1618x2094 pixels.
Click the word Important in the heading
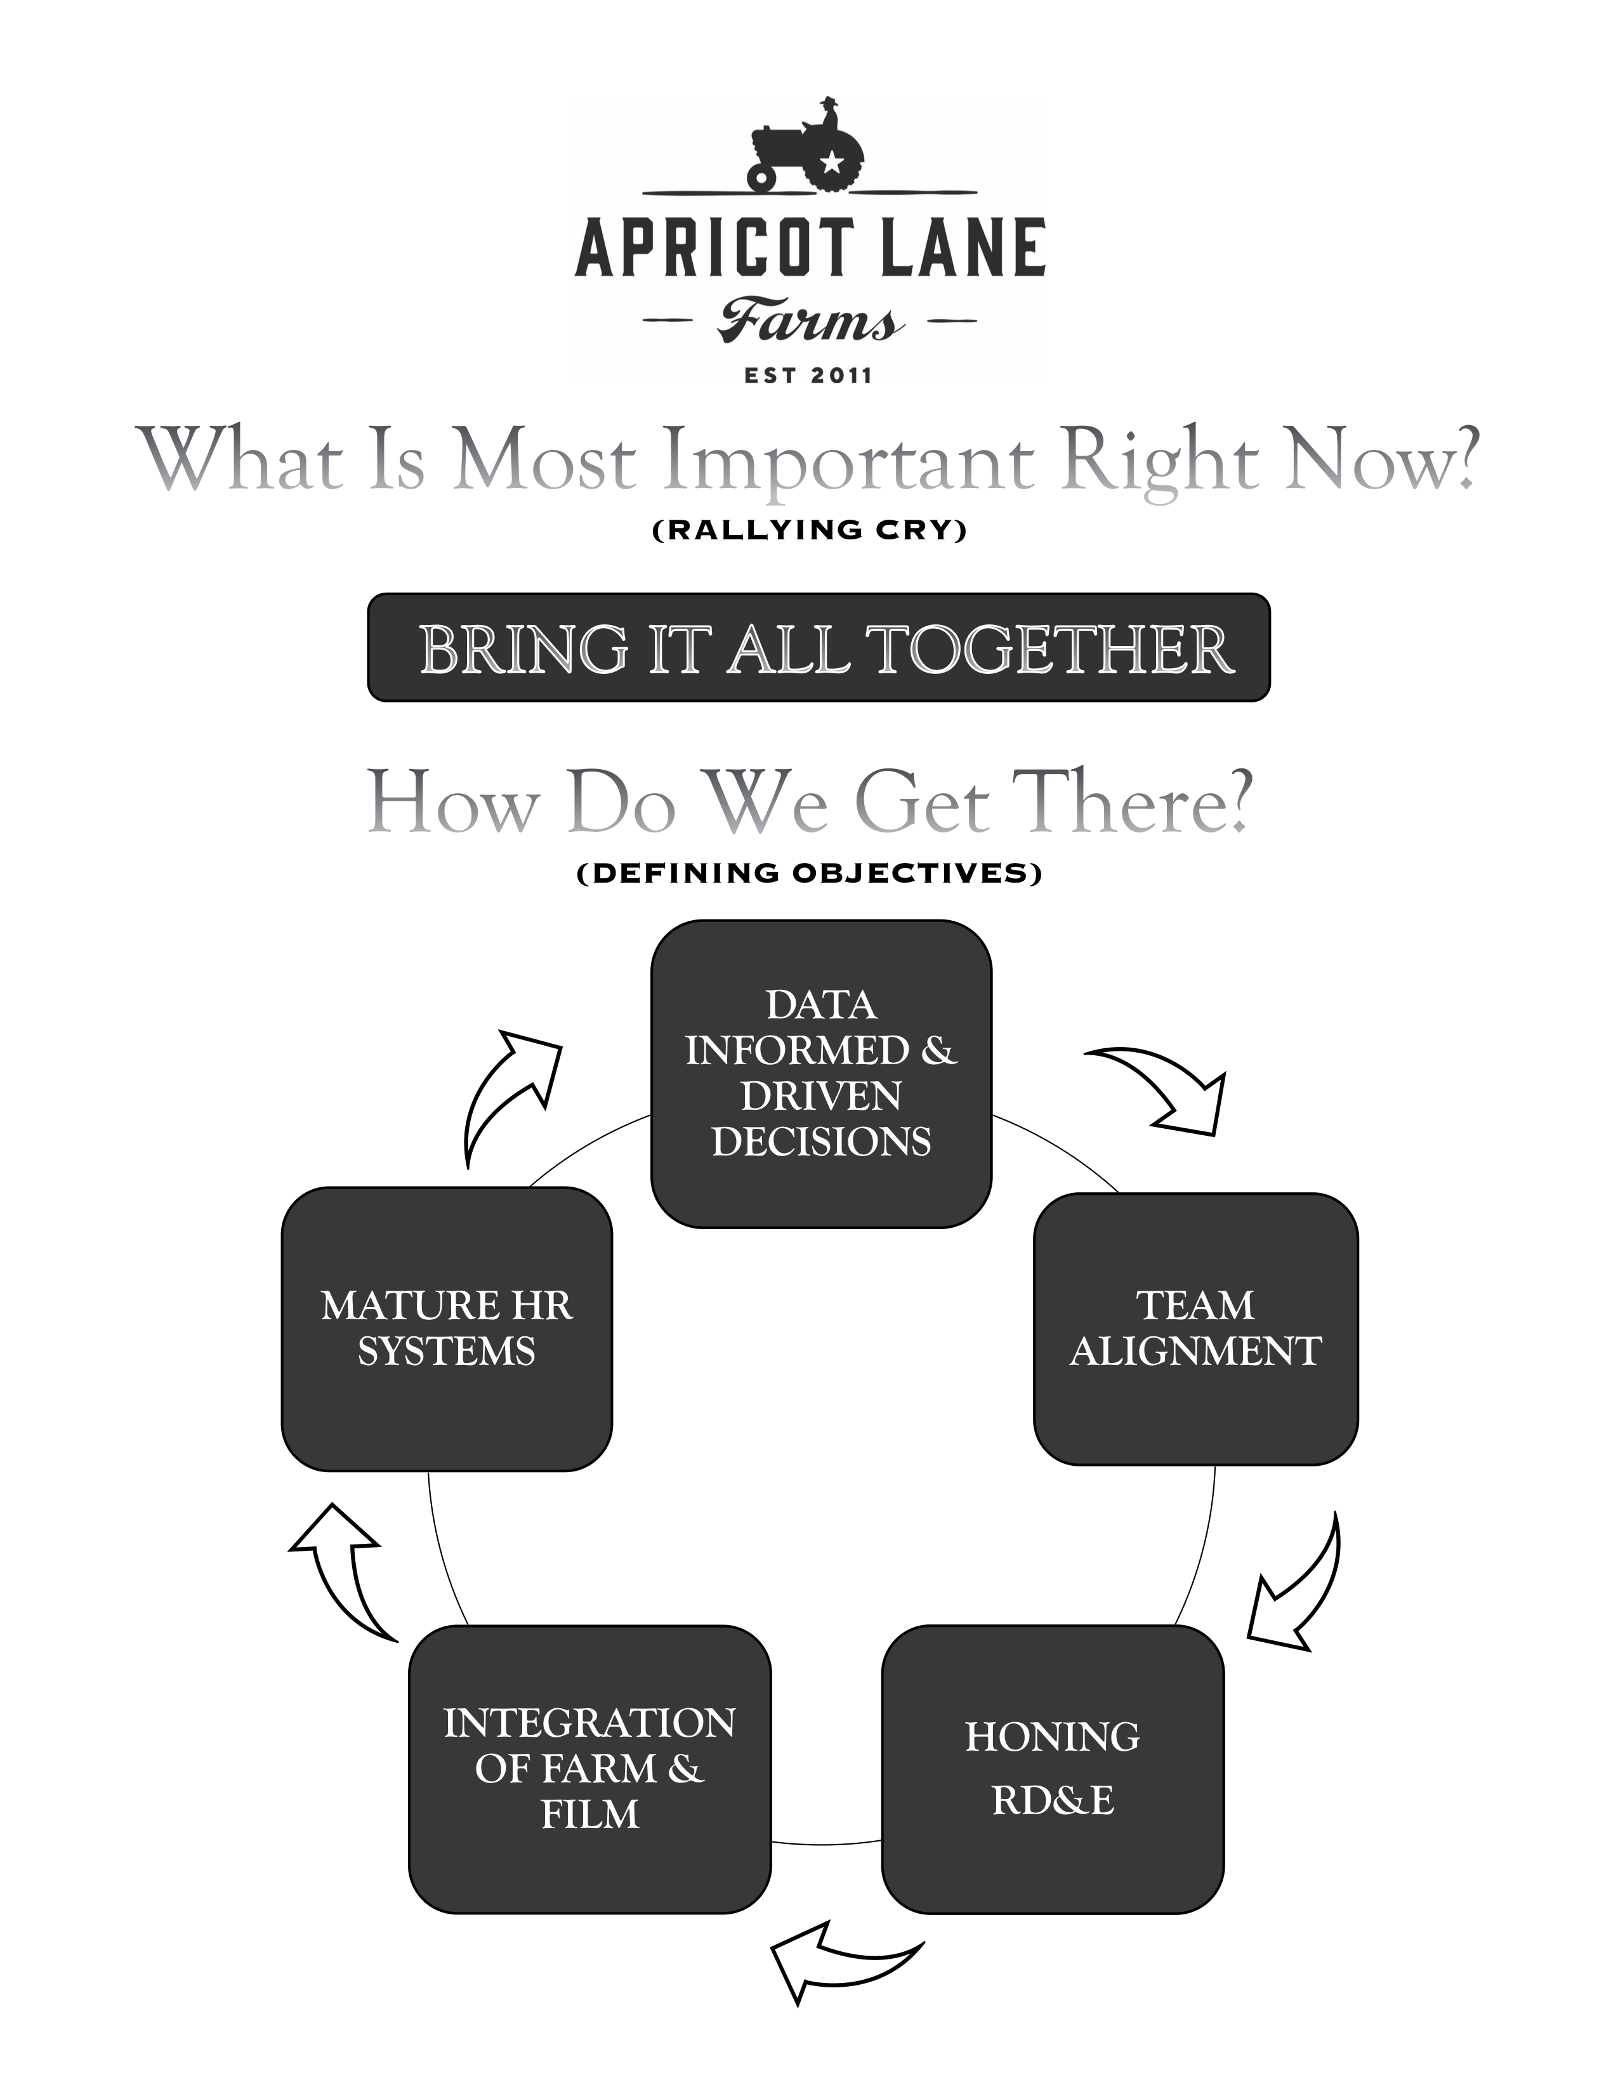[x=849, y=460]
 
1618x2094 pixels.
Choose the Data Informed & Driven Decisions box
[x=822, y=1074]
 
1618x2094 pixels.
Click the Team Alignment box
[x=1196, y=1329]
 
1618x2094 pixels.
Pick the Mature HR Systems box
[x=447, y=1329]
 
